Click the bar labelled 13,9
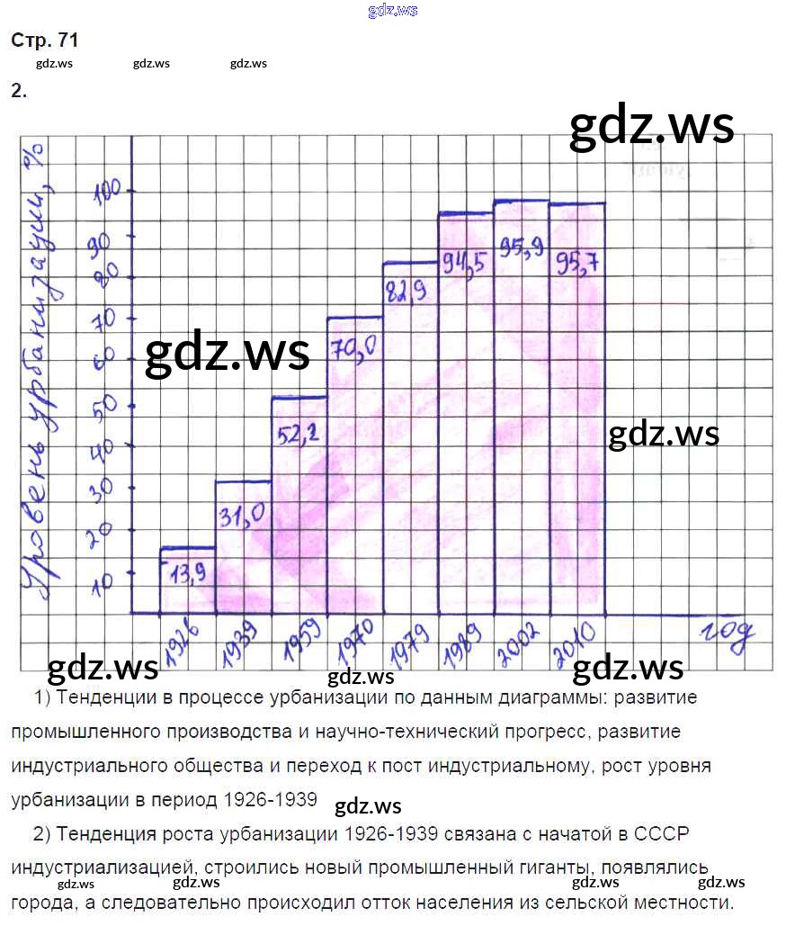(x=188, y=580)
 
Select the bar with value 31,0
(x=243, y=546)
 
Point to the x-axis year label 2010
(x=576, y=641)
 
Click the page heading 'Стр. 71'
(x=44, y=40)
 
